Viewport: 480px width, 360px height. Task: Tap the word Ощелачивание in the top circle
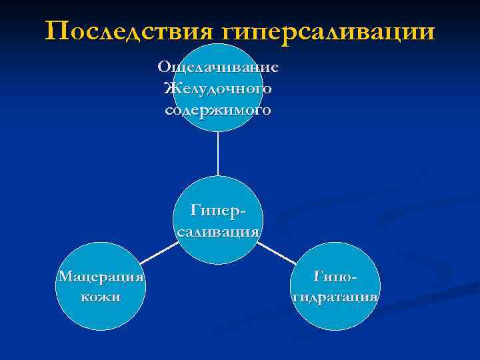click(x=218, y=68)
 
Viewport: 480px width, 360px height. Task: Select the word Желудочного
click(x=218, y=89)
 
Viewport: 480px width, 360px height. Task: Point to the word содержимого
click(x=218, y=110)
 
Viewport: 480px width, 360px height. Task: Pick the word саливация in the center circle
click(x=218, y=232)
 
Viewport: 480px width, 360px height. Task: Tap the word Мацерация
click(x=101, y=276)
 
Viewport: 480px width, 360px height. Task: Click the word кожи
click(x=101, y=297)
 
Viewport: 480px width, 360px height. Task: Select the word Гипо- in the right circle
click(x=336, y=276)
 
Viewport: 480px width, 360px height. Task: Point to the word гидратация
click(x=336, y=297)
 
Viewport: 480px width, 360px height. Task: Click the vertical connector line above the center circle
click(x=218, y=153)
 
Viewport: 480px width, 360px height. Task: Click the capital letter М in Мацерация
click(x=63, y=276)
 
